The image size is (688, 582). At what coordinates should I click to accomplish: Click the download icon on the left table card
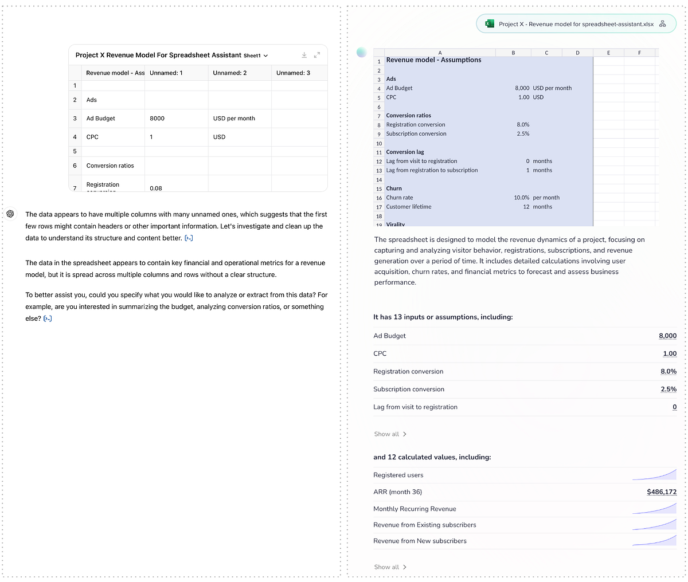coord(304,55)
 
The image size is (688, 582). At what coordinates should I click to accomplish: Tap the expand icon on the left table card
coord(316,55)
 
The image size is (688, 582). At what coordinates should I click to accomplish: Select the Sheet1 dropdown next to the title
coord(256,56)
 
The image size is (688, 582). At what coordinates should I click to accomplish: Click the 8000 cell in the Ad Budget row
coord(157,119)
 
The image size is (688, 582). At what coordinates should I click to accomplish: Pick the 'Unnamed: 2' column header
coord(230,73)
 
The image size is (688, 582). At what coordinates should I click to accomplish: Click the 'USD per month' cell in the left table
coord(234,119)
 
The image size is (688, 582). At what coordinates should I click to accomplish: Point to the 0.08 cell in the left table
coord(156,188)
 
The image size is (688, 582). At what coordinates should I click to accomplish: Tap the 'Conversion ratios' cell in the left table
coord(110,166)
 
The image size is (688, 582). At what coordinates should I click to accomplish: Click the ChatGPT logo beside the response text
coord(10,214)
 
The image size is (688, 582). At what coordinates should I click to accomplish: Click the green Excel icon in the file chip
coord(490,24)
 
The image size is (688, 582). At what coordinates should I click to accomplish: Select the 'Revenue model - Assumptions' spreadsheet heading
coord(433,60)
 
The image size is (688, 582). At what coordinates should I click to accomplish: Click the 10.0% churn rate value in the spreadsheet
coord(521,198)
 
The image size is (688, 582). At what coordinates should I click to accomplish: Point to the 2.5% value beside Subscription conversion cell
coord(523,133)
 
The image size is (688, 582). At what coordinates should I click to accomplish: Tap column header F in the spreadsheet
coord(639,53)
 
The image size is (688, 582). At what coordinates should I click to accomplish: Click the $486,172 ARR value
coord(662,492)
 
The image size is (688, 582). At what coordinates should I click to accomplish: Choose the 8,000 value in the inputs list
coord(667,336)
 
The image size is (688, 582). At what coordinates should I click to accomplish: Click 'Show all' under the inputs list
coord(390,434)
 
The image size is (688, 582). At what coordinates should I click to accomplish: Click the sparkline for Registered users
coord(654,474)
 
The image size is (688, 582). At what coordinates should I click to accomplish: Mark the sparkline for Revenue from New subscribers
coord(654,540)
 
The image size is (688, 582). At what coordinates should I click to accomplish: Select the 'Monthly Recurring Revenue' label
coord(415,509)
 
